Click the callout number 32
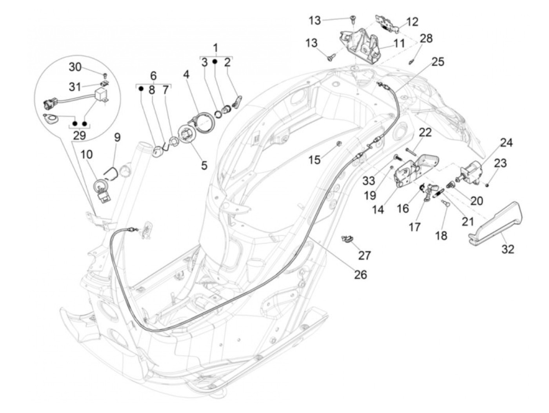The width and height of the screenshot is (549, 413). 508,249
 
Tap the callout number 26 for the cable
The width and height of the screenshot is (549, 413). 360,274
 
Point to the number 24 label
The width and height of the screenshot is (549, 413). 506,142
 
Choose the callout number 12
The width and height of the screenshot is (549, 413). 413,22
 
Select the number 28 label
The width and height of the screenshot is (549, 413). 426,38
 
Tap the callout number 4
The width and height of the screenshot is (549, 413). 186,74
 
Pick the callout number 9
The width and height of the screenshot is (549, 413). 117,137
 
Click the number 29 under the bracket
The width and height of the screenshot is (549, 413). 80,135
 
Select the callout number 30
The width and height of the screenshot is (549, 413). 75,67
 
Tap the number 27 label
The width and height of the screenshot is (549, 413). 364,255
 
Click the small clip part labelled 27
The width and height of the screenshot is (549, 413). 347,238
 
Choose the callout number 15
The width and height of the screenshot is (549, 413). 325,159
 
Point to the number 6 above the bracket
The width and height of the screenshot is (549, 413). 153,75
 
